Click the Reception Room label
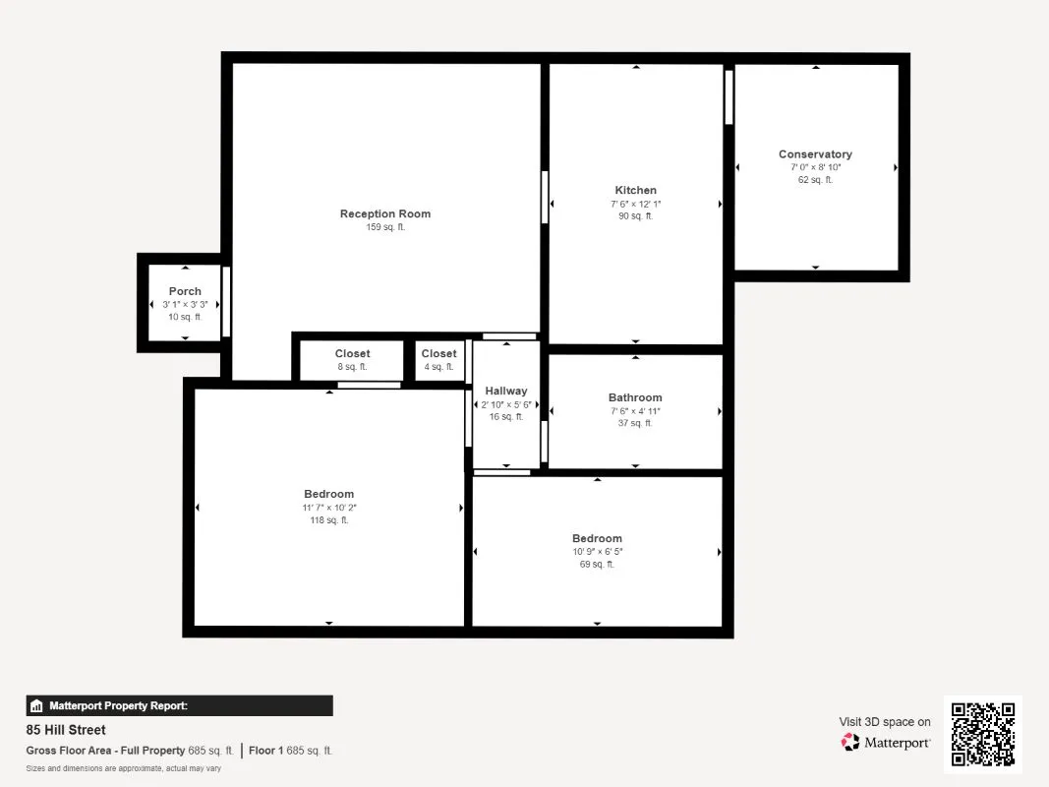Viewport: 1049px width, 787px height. pos(385,213)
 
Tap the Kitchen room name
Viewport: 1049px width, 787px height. pos(635,190)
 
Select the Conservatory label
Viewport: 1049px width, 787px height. pos(815,153)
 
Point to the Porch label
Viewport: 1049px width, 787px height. pos(185,291)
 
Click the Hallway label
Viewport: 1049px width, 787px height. pos(505,391)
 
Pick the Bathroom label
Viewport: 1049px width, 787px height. pos(635,397)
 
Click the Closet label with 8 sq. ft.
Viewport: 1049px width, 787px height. pos(352,353)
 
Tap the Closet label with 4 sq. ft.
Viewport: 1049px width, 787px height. pos(438,353)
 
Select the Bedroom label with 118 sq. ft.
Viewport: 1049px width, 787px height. pos(328,494)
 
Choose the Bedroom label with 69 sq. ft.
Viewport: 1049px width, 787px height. pos(597,538)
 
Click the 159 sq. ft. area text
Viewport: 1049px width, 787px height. pos(385,227)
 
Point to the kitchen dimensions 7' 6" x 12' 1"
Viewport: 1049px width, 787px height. pos(635,204)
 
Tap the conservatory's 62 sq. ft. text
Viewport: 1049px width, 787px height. pos(815,179)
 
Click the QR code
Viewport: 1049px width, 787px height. pos(983,734)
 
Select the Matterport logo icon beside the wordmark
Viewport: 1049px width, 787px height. pos(849,742)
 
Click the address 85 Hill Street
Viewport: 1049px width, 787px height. pos(66,729)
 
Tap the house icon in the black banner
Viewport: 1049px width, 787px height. pos(36,705)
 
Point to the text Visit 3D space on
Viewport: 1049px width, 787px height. pos(885,721)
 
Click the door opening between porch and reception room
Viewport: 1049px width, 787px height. pos(226,302)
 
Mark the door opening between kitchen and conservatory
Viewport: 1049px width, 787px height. pos(728,97)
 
